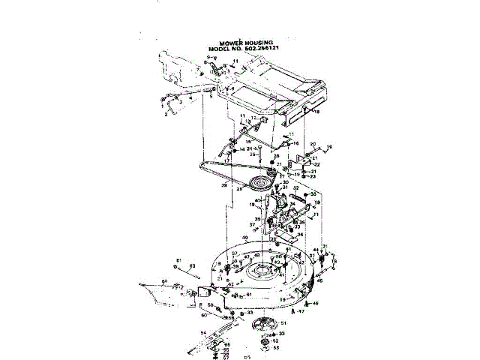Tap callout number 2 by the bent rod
tap(165, 115)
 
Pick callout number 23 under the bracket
tap(315, 176)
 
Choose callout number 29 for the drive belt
tap(223, 184)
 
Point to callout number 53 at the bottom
tap(275, 348)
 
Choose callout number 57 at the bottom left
tap(205, 358)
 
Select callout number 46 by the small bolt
tap(316, 303)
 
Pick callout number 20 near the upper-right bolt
tap(313, 142)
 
